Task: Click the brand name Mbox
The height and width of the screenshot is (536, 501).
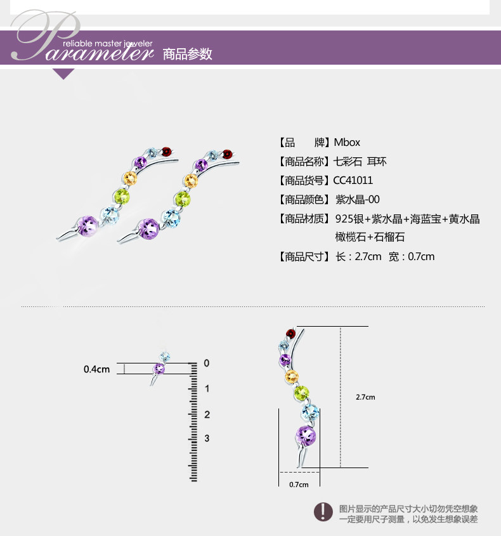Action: (x=347, y=143)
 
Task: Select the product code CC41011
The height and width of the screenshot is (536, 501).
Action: (x=355, y=181)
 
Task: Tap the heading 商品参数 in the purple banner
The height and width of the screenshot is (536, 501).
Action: (x=187, y=54)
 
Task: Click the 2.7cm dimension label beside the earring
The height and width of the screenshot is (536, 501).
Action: (x=365, y=397)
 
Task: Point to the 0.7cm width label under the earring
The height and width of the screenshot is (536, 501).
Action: (x=299, y=485)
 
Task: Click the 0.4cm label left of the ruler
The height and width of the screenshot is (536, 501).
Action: (x=97, y=369)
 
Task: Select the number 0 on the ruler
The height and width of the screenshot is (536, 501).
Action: (x=205, y=363)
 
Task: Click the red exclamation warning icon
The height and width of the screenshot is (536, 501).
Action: (x=324, y=511)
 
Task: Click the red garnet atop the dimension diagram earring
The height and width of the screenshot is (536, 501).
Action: (x=291, y=333)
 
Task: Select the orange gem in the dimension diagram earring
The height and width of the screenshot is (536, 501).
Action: (x=292, y=377)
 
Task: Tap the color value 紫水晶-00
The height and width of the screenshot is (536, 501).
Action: (x=357, y=200)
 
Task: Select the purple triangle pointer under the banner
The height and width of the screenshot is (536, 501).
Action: (x=63, y=74)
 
